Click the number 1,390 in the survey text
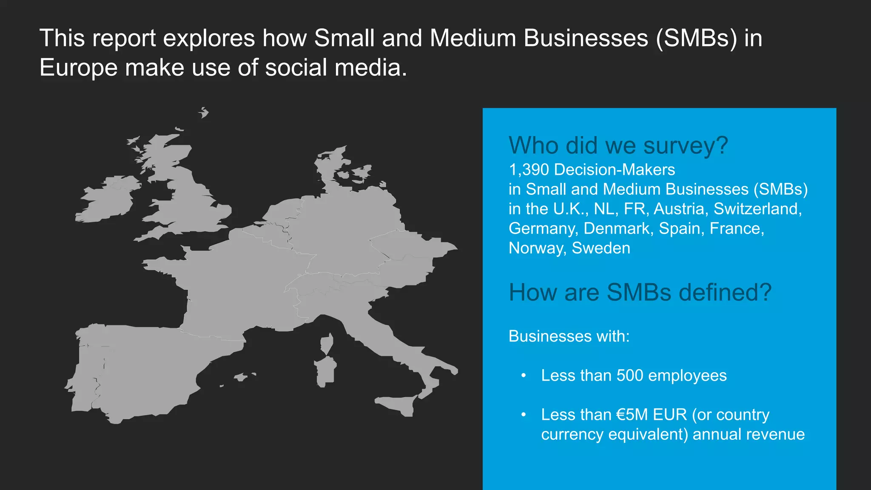pos(529,170)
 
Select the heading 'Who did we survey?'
pos(618,145)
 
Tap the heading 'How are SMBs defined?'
pos(640,293)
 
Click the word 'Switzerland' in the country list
pos(757,209)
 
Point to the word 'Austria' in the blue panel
pos(680,209)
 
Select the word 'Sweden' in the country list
pos(601,248)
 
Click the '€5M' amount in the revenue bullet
pos(632,415)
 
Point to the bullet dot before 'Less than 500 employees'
pos(524,376)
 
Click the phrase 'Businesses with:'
pos(569,336)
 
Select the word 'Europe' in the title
pos(78,68)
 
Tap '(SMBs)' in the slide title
pos(696,38)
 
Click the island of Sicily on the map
pos(398,404)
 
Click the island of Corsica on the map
pos(327,343)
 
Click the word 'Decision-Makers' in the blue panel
pos(615,170)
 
